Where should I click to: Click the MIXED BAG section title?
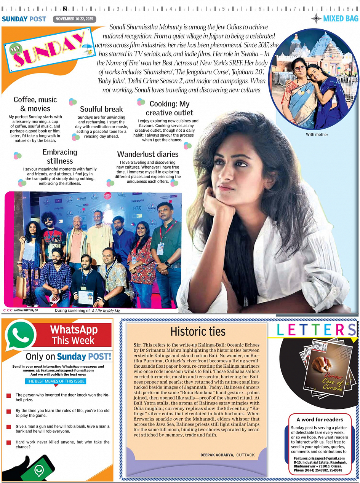(x=341, y=18)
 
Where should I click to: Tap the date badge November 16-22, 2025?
(x=75, y=19)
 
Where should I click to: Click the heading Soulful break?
(x=101, y=109)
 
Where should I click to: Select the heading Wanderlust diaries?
(x=148, y=154)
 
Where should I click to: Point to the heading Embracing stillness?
(x=60, y=156)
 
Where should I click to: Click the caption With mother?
(x=317, y=134)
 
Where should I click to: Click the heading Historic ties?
(x=198, y=331)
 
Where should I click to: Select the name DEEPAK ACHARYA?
(x=217, y=455)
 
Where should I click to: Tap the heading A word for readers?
(x=320, y=419)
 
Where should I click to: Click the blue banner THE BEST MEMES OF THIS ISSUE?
(x=56, y=381)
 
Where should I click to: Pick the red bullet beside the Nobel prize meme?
(x=9, y=396)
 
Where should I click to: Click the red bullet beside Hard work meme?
(x=9, y=442)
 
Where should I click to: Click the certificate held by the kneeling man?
(x=86, y=297)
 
